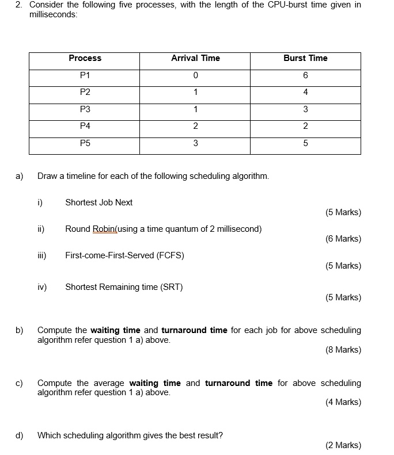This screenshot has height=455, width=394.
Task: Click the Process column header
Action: point(85,58)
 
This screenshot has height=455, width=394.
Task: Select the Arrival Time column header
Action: point(195,58)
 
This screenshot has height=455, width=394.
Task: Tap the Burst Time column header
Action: point(305,58)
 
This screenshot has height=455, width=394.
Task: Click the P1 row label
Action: point(85,75)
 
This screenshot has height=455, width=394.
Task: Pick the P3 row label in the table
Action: point(85,109)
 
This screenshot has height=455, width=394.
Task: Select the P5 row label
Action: point(85,143)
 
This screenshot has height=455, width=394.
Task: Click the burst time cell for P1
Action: point(305,75)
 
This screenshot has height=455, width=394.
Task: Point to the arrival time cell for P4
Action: point(195,127)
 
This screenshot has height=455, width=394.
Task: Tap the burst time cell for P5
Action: point(305,143)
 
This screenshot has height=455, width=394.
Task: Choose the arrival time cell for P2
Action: point(195,92)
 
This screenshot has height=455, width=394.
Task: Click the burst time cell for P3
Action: point(305,109)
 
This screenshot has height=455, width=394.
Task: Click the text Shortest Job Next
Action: point(99,202)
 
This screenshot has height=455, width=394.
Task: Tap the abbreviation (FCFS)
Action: point(171,255)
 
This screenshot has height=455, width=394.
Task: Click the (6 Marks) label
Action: point(343,239)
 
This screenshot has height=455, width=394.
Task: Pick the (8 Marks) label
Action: point(343,350)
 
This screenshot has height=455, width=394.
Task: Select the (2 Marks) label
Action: point(343,445)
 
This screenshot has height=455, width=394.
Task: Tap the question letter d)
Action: point(20,435)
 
